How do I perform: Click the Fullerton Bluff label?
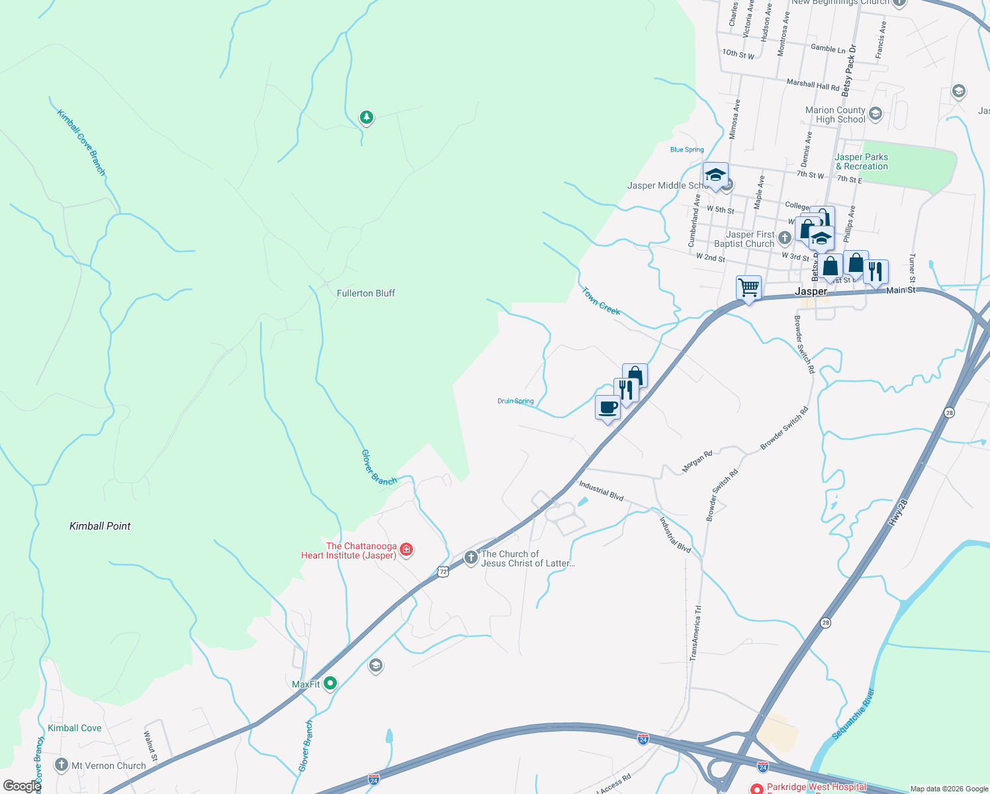tap(365, 293)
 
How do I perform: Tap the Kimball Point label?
tap(100, 526)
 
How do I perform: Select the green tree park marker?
tap(366, 118)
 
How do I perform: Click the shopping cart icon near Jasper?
tap(748, 288)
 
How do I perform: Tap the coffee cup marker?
tap(607, 408)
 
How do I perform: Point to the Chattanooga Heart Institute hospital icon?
tap(406, 550)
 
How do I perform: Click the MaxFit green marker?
tap(330, 684)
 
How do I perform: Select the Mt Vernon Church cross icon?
tap(62, 766)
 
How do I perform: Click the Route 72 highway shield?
tap(443, 571)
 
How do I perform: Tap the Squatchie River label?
tap(854, 715)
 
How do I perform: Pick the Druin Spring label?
tap(516, 401)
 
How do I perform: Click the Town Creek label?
tap(601, 300)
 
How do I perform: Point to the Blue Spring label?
tap(687, 150)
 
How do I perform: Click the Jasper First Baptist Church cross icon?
tap(784, 238)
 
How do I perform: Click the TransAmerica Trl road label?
tap(695, 633)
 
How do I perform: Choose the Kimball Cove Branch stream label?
tap(81, 142)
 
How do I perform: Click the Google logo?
tap(21, 786)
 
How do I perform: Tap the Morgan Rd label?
tap(697, 461)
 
